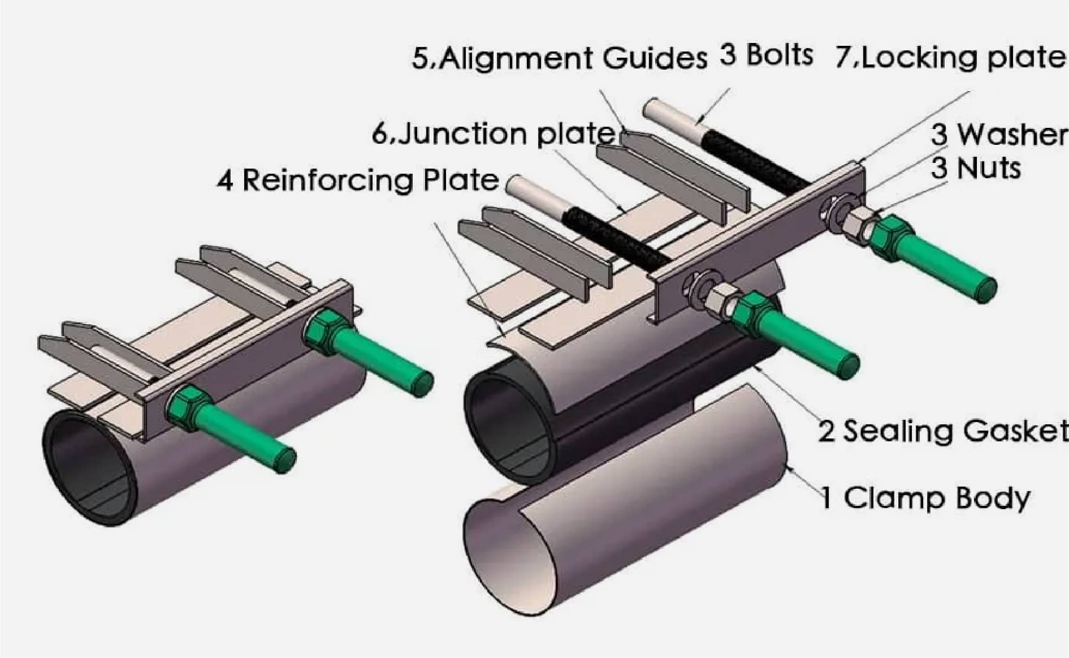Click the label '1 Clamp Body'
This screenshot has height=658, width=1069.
(x=925, y=498)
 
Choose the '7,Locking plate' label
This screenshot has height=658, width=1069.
(x=950, y=58)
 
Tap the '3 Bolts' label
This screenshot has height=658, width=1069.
(x=766, y=55)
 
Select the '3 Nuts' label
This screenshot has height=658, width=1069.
(x=976, y=168)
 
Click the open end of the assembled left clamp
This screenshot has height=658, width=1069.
(x=90, y=464)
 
